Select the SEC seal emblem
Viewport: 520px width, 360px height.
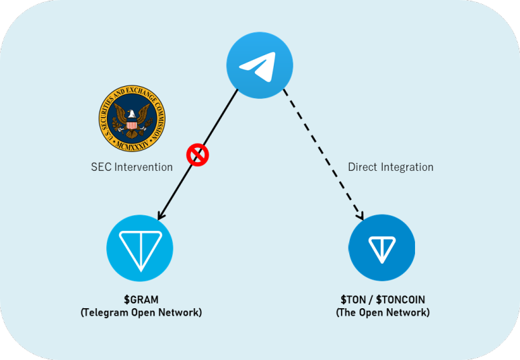click(132, 118)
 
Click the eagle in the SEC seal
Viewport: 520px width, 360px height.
click(132, 117)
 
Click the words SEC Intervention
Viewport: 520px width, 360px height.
click(132, 167)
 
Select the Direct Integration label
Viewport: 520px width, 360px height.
click(391, 167)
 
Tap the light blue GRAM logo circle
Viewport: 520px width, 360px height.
click(140, 248)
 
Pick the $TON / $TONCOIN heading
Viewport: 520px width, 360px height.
click(382, 299)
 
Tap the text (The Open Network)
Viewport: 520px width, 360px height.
click(382, 313)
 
